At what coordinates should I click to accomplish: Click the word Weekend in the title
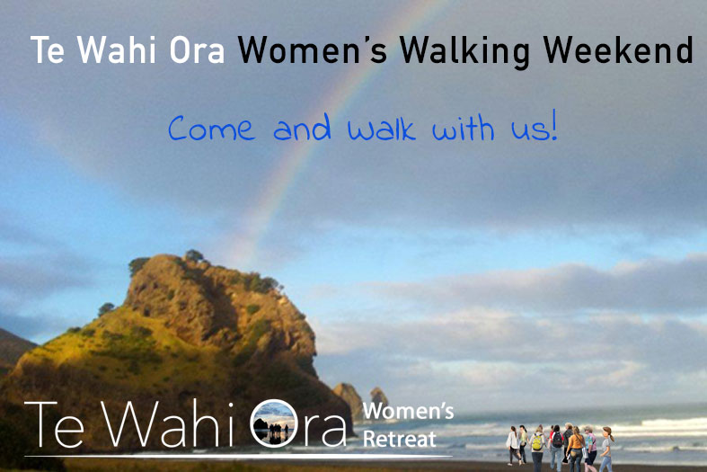click(x=618, y=49)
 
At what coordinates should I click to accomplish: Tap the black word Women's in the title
click(x=313, y=49)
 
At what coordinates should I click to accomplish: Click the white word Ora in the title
click(x=197, y=49)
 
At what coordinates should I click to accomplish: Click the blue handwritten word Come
click(x=211, y=129)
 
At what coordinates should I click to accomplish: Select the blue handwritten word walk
click(x=381, y=128)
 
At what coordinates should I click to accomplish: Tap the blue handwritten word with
click(x=463, y=128)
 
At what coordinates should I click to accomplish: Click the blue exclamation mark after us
click(x=554, y=125)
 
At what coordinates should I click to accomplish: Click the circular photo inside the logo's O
click(x=274, y=423)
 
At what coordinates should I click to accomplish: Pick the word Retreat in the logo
click(x=400, y=439)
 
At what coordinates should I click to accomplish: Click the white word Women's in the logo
click(x=408, y=411)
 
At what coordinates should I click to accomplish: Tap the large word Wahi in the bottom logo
click(x=167, y=423)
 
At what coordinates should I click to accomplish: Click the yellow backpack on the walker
click(x=537, y=442)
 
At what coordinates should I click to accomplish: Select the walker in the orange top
click(x=576, y=449)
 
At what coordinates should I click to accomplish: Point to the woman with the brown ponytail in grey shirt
click(x=606, y=450)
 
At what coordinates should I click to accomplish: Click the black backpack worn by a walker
click(x=557, y=439)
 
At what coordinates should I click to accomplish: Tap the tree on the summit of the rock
click(x=194, y=256)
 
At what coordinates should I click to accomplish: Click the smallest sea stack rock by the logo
click(x=379, y=398)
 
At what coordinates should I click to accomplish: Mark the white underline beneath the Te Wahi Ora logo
click(x=238, y=456)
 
